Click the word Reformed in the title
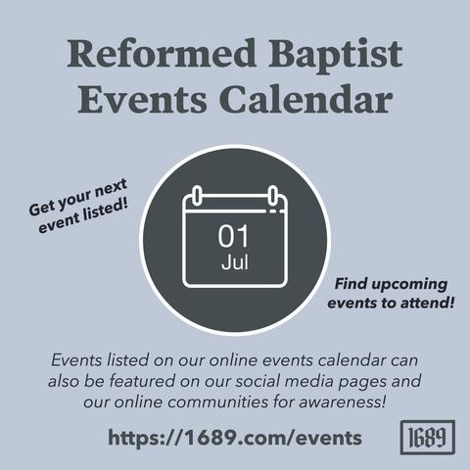point(162,53)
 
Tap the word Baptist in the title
point(336,56)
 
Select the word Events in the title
point(142,99)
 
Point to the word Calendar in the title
point(305,98)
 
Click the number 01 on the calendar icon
point(234,236)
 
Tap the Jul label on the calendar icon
point(235,262)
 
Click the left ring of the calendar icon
point(197,196)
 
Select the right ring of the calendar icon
point(273,196)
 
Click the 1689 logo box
point(428,437)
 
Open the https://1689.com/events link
point(235,438)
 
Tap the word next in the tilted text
point(110,189)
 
